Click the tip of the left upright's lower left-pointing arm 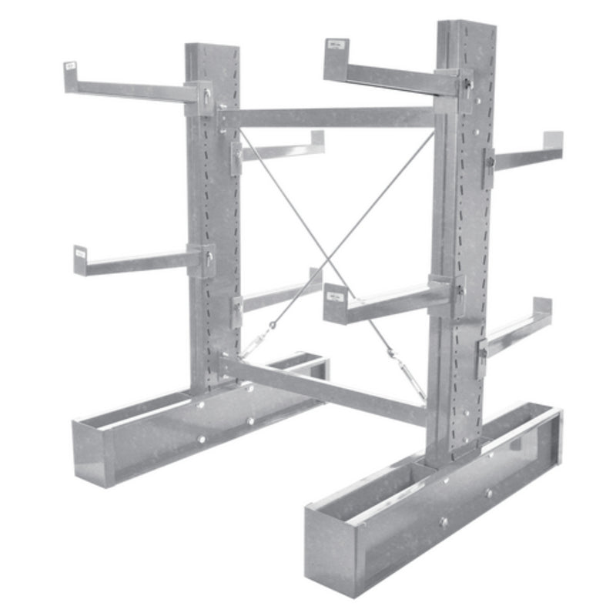tap(80, 259)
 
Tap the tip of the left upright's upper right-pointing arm tap(317, 140)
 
